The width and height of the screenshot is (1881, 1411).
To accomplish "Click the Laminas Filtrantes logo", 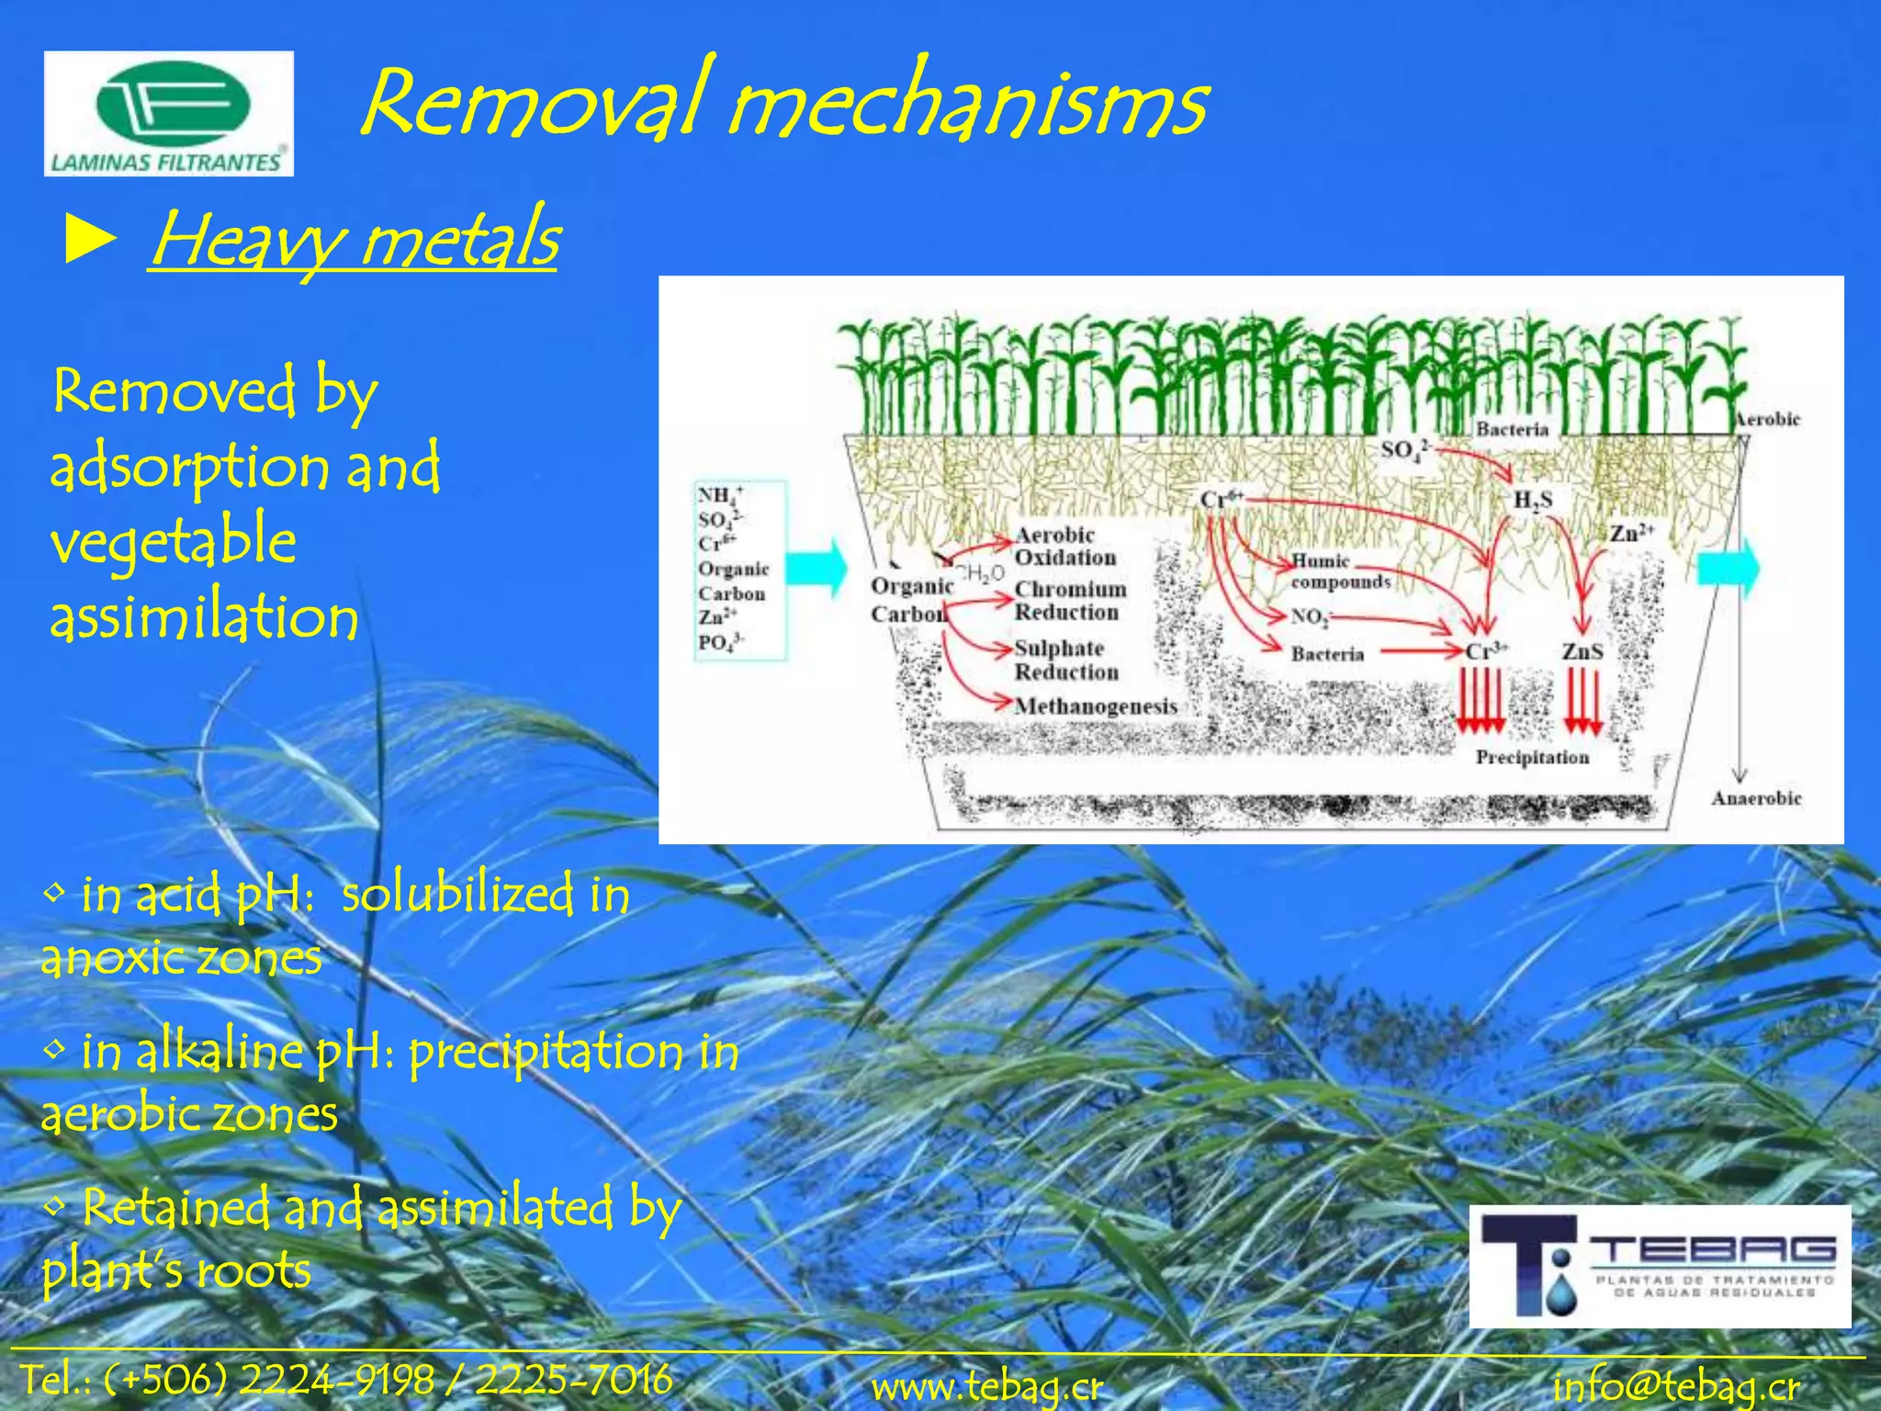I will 169,114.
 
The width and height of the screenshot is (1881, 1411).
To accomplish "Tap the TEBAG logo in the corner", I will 1660,1266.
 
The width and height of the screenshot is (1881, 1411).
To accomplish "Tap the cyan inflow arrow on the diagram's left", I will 817,568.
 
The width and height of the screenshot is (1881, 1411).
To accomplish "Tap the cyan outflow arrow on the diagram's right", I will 1727,568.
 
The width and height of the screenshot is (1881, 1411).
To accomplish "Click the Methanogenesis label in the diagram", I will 1095,706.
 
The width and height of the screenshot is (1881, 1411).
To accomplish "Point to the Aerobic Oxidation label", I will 1064,547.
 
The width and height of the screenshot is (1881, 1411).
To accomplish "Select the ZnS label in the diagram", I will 1583,651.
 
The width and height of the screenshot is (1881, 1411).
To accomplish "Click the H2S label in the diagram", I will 1532,501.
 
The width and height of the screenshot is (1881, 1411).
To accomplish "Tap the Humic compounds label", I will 1339,571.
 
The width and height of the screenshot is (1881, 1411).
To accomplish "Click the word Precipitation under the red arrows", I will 1532,758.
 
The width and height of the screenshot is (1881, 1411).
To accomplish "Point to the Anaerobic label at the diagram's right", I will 1756,798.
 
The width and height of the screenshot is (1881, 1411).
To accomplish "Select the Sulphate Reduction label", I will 1065,660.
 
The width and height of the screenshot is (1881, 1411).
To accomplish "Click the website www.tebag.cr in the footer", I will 987,1386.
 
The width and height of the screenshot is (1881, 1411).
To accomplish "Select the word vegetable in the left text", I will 173,542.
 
